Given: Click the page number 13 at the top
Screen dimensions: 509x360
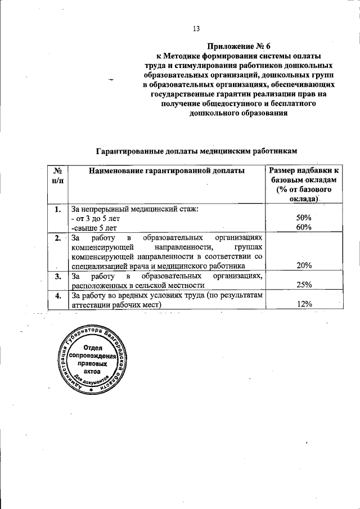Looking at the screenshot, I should pos(196,29).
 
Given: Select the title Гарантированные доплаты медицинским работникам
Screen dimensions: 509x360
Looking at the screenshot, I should pos(195,151).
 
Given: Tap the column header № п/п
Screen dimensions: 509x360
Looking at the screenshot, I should pos(57,175).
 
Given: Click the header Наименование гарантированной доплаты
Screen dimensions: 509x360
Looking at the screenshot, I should pos(166,170).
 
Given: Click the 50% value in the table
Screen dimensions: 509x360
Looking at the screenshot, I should pos(304,218).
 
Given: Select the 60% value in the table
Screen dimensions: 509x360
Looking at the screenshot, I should pos(304,227).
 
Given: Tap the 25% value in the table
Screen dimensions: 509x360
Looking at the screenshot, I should pos(304,285).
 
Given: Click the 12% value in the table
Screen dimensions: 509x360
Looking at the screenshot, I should pos(304,304).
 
